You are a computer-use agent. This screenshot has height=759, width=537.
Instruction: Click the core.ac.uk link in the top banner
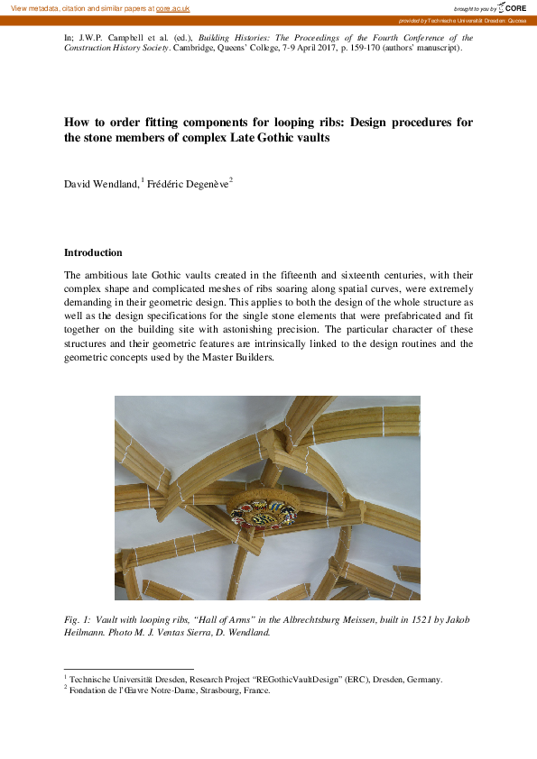coord(174,8)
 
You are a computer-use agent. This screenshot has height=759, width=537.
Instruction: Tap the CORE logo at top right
coord(512,7)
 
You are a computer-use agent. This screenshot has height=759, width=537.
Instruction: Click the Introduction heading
coord(93,252)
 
